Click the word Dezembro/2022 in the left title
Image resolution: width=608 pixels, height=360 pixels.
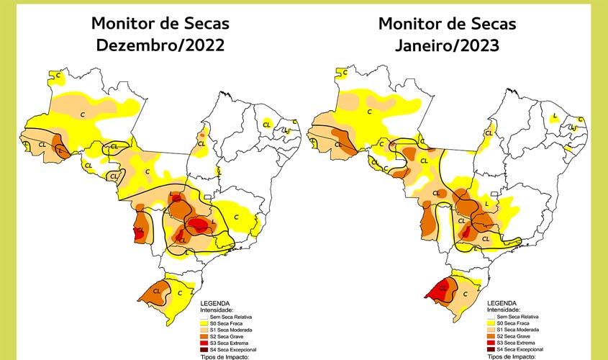[x=160, y=45]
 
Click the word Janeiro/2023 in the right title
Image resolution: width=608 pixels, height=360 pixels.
[x=447, y=45]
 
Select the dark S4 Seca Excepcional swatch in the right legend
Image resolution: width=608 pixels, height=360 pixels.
[x=493, y=348]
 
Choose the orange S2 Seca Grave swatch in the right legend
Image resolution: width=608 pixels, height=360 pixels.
[x=493, y=336]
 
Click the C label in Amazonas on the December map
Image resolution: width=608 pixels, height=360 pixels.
[x=83, y=114]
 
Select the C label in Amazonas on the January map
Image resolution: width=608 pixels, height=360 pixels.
[x=369, y=112]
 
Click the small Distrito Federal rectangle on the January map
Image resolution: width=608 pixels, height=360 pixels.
[x=494, y=194]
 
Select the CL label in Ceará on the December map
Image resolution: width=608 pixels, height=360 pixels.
[x=267, y=124]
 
